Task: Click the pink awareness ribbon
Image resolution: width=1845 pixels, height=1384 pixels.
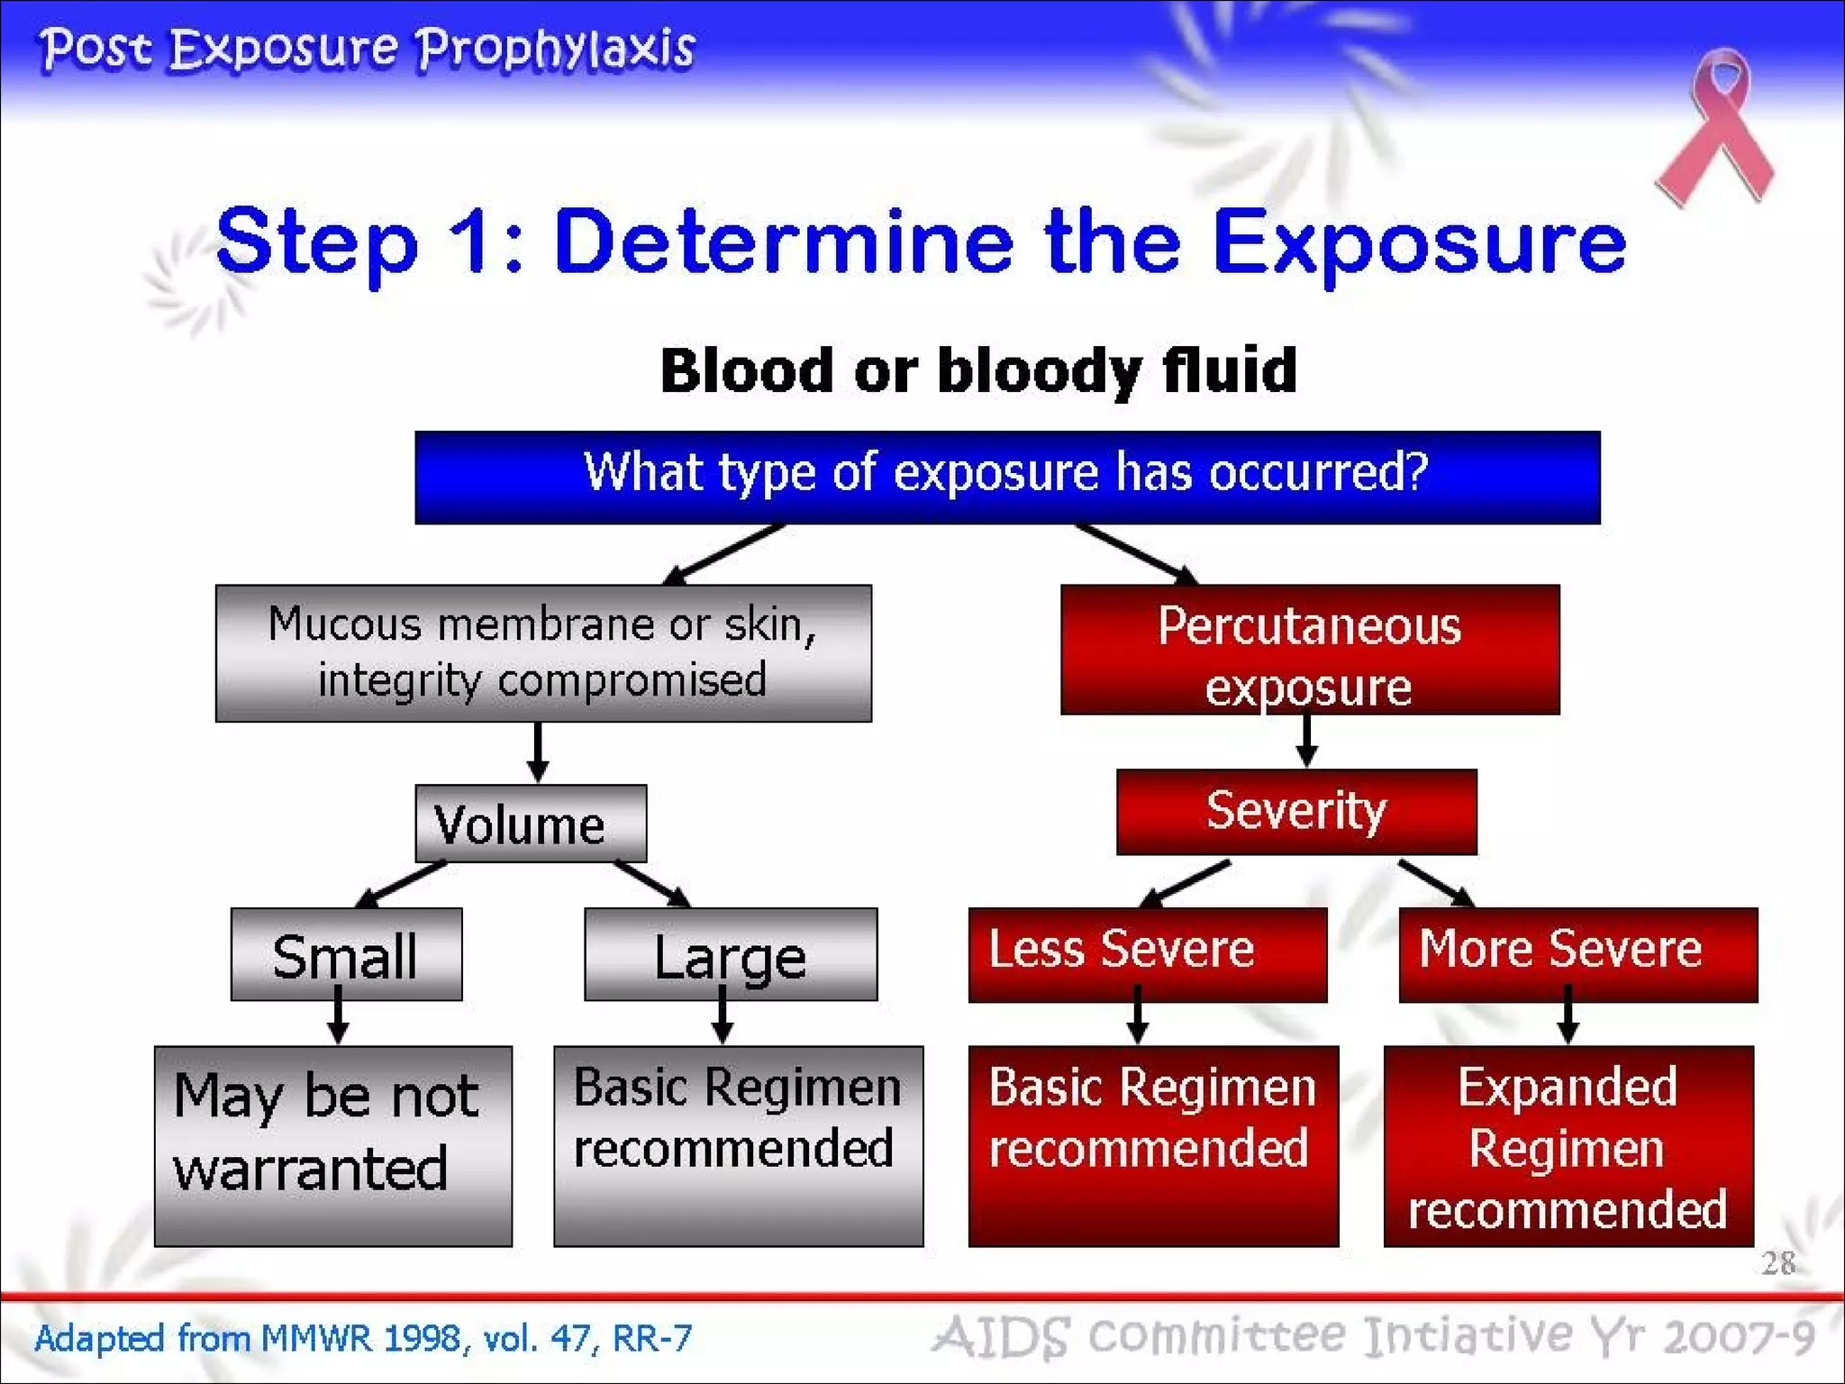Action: click(x=1716, y=126)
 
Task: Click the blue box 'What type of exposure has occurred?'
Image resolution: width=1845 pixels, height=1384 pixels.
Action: click(x=1006, y=477)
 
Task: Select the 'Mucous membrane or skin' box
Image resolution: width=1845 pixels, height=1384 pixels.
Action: click(x=543, y=652)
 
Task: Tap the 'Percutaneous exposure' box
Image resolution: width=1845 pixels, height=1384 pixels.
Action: click(x=1309, y=649)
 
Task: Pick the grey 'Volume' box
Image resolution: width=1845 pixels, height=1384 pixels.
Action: click(x=530, y=824)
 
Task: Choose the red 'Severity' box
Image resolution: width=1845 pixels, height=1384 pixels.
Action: click(x=1295, y=811)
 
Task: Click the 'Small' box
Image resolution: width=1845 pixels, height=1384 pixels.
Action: click(x=346, y=953)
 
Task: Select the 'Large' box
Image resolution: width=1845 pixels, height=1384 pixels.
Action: click(x=730, y=953)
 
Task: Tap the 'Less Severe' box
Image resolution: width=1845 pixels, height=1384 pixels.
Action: click(x=1147, y=953)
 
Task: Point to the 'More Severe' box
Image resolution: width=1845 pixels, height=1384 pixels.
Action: click(x=1577, y=953)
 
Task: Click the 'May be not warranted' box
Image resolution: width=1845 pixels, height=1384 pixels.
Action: click(x=332, y=1145)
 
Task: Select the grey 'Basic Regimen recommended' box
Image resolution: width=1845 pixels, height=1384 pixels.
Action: click(x=738, y=1145)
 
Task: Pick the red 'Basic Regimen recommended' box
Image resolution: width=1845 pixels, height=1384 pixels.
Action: click(x=1153, y=1145)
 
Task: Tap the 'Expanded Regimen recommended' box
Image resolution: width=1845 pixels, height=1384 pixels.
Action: click(x=1568, y=1145)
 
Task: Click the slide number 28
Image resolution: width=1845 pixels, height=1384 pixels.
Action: click(x=1777, y=1263)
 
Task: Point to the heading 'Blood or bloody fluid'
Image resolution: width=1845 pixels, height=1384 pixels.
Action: click(x=978, y=370)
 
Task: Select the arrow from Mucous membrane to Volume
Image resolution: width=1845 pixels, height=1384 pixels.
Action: click(x=538, y=751)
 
